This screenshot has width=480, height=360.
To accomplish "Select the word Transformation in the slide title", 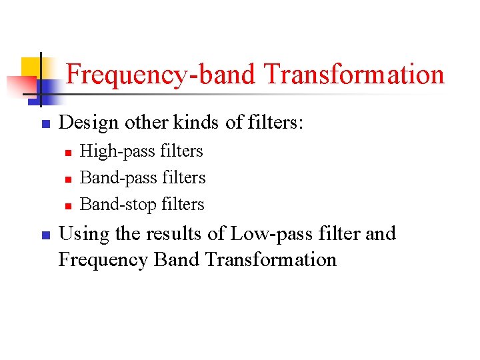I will coord(353,74).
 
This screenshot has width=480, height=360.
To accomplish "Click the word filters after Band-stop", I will coord(183,204).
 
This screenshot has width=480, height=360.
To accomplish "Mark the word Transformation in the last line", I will coord(271,259).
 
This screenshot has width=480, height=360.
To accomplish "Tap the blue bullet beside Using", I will coord(45,235).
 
